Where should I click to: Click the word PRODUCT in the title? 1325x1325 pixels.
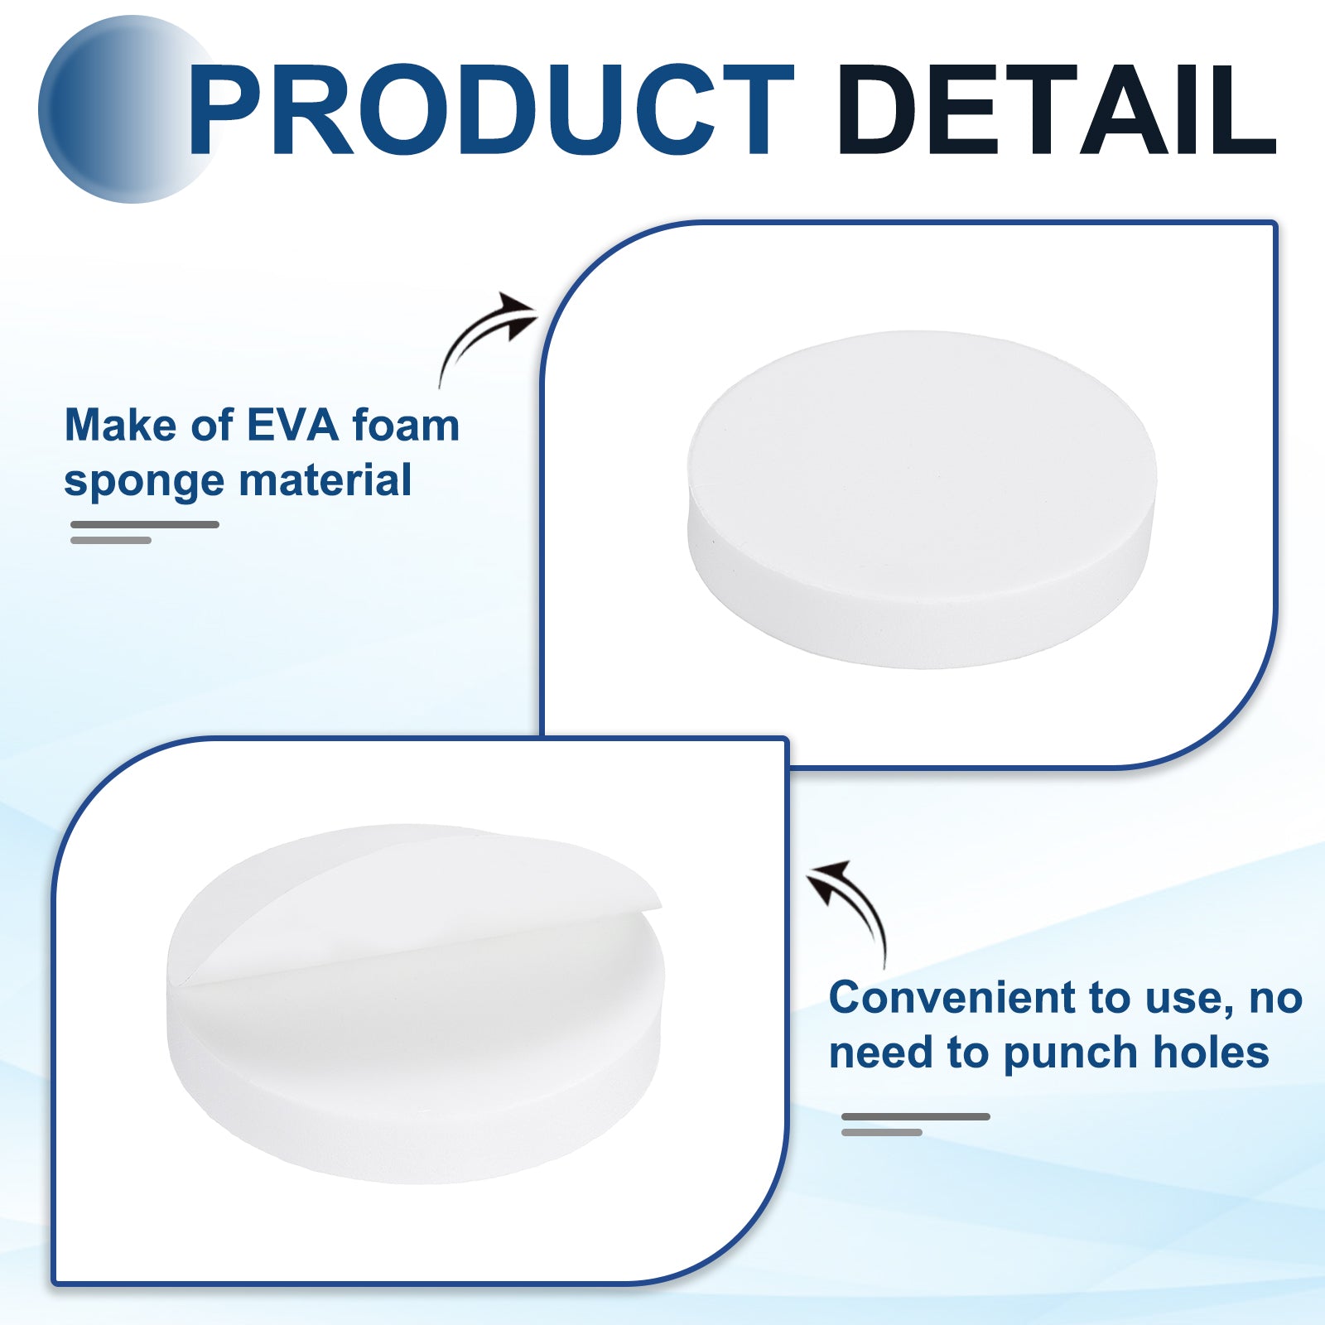[x=490, y=109]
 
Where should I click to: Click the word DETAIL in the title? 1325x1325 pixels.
[x=1058, y=109]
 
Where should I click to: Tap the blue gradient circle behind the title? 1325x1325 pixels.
[x=124, y=109]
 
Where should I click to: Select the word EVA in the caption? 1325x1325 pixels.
[x=293, y=426]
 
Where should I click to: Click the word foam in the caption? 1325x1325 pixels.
[x=406, y=425]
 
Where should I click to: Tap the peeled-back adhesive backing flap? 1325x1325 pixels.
[x=414, y=894]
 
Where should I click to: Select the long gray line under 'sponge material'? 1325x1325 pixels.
[x=145, y=524]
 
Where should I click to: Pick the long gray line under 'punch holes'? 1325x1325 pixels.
[x=916, y=1116]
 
